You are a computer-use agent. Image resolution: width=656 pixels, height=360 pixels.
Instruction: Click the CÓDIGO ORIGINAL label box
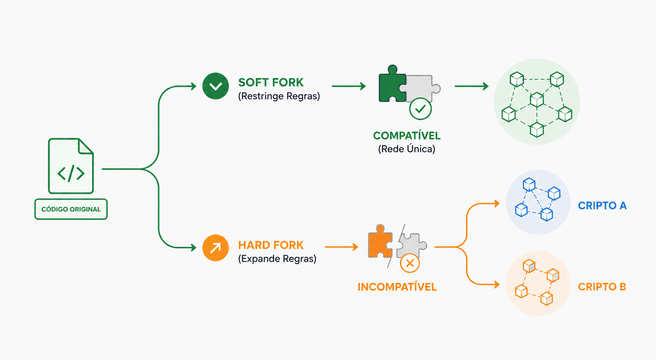click(x=71, y=209)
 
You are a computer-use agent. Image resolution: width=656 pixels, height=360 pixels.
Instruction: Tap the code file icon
click(x=71, y=166)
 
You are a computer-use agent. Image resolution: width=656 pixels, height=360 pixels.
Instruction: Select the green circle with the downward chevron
click(x=215, y=86)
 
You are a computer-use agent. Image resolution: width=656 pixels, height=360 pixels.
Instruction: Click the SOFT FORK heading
click(x=271, y=82)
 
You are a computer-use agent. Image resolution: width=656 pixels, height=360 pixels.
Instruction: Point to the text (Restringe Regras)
click(x=279, y=96)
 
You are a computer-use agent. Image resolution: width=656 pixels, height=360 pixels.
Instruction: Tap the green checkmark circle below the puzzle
click(x=420, y=109)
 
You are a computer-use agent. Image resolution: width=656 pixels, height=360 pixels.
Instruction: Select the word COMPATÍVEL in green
click(x=407, y=136)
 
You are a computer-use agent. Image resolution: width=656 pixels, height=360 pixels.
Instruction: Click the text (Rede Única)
click(x=407, y=149)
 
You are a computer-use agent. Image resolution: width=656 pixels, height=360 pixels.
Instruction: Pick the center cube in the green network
click(x=537, y=99)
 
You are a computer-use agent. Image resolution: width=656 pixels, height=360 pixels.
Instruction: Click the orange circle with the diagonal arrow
click(x=215, y=248)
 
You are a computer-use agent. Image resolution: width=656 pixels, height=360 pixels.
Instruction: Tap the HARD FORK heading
click(x=271, y=245)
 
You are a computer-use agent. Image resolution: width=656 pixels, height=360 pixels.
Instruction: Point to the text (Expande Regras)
click(x=277, y=258)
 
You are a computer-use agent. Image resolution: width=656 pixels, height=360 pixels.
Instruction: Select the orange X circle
click(x=410, y=263)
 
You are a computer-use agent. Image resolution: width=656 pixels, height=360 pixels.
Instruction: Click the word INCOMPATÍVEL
click(x=397, y=287)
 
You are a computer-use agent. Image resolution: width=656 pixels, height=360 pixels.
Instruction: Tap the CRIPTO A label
click(x=603, y=206)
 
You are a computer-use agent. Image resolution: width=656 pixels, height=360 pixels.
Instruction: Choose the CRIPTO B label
click(x=602, y=287)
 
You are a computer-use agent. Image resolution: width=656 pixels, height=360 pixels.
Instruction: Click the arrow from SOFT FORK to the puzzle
click(x=349, y=86)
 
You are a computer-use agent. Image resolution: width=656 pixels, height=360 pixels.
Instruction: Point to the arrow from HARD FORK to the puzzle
click(x=341, y=247)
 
